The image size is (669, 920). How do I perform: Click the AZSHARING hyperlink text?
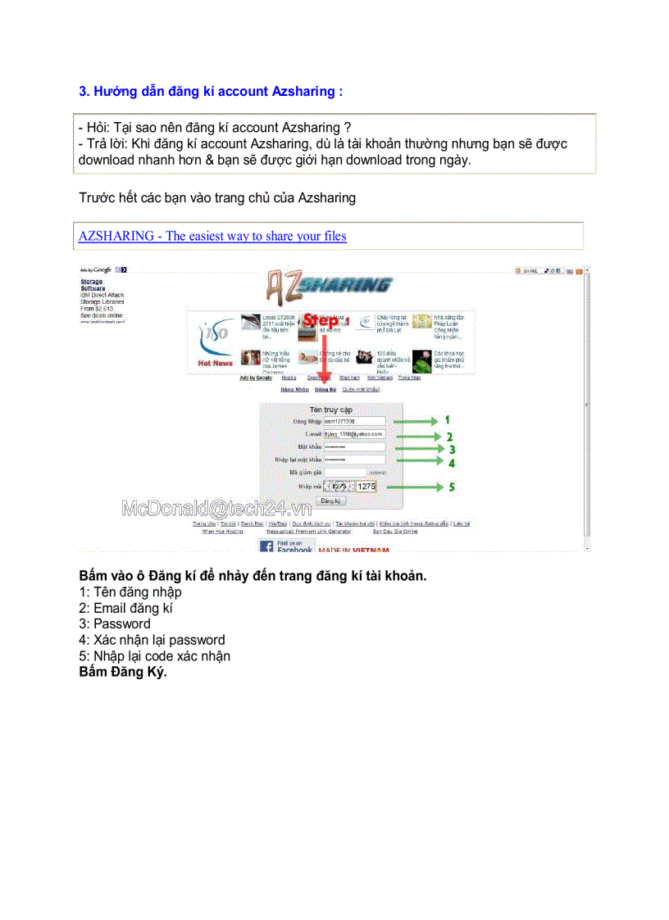[212, 236]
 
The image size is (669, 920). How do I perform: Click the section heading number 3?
[84, 91]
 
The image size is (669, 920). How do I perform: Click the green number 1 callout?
[448, 419]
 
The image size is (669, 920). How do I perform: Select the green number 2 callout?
[448, 437]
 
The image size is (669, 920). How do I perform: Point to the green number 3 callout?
[451, 449]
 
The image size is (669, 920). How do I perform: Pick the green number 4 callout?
[451, 462]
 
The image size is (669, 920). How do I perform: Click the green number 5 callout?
[451, 487]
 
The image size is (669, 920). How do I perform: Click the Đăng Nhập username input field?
[353, 420]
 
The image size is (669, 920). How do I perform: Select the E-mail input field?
[353, 433]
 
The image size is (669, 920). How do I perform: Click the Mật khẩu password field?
[353, 446]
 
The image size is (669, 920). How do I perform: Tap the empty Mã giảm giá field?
[344, 473]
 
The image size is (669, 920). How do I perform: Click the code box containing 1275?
[366, 486]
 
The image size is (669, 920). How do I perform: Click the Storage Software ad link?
[92, 284]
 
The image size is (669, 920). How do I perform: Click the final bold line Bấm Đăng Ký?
[123, 673]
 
